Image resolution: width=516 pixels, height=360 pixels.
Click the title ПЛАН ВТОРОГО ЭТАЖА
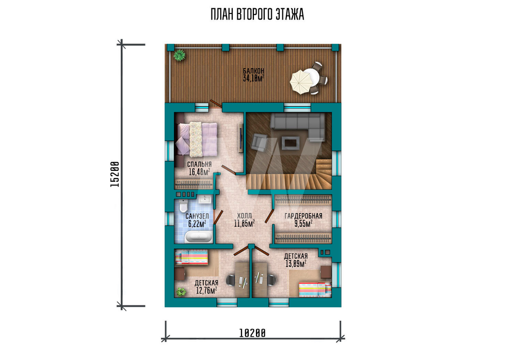click(257, 15)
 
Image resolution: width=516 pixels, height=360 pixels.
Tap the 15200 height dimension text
click(115, 174)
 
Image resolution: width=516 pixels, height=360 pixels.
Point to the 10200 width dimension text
click(252, 333)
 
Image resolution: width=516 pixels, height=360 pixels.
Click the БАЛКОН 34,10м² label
click(254, 75)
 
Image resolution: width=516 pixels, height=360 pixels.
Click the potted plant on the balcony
click(180, 55)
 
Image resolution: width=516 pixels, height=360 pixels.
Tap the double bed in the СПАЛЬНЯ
click(197, 139)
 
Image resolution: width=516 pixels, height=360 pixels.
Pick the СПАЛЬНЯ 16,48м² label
click(199, 168)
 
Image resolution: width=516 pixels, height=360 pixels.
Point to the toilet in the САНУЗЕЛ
click(183, 206)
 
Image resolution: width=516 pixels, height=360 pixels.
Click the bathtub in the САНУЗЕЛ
click(199, 237)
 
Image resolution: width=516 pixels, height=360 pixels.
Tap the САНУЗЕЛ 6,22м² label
click(197, 220)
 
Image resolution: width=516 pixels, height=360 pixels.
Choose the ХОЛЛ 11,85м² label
click(245, 220)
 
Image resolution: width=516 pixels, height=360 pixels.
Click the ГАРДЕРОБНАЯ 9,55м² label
click(303, 220)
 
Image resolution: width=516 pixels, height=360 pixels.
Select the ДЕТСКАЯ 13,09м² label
click(296, 260)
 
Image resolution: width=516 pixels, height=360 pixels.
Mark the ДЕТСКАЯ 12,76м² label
click(206, 287)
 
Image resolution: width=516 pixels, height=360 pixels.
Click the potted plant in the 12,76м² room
click(181, 291)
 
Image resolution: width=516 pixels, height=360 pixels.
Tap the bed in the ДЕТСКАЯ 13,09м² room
click(315, 290)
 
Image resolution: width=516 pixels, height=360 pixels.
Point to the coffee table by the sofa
click(290, 143)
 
